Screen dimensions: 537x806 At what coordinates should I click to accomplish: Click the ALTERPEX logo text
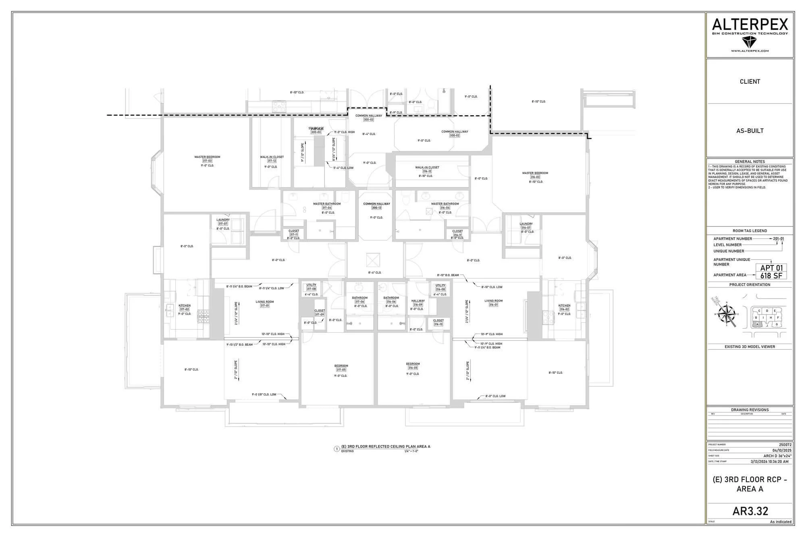pyautogui.click(x=750, y=25)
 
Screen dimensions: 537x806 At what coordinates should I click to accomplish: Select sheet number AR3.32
pyautogui.click(x=750, y=511)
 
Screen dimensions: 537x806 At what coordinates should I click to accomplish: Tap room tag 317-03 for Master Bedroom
pyautogui.click(x=207, y=161)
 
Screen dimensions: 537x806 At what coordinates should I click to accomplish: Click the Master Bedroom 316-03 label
pyautogui.click(x=535, y=177)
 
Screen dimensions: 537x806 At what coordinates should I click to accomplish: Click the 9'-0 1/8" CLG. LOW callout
pyautogui.click(x=264, y=394)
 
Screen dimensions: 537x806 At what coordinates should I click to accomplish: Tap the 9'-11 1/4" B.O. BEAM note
pyautogui.click(x=487, y=347)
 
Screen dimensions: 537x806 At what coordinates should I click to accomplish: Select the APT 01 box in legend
pyautogui.click(x=771, y=268)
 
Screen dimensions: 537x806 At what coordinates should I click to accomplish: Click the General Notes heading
pyautogui.click(x=750, y=162)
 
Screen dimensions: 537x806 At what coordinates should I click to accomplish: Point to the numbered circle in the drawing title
pyautogui.click(x=337, y=449)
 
